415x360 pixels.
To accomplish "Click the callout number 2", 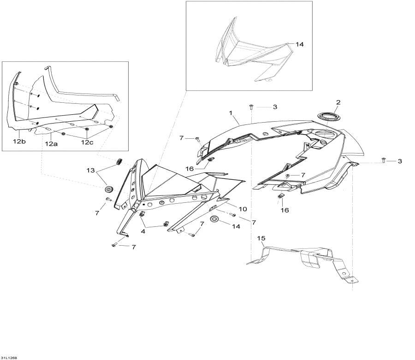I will (x=338, y=102).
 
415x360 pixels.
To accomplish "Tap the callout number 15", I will (x=261, y=239).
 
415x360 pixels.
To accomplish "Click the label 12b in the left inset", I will (x=19, y=142).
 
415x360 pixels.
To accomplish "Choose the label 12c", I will (x=87, y=143).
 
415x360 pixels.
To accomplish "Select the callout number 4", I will (x=143, y=232).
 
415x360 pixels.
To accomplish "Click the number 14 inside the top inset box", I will (x=300, y=45).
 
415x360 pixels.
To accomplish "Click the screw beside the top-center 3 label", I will (x=252, y=106).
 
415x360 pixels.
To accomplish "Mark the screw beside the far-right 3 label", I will (x=384, y=160).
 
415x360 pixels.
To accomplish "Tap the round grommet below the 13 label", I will (x=109, y=189).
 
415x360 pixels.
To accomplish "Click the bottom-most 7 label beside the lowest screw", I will (x=134, y=248).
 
